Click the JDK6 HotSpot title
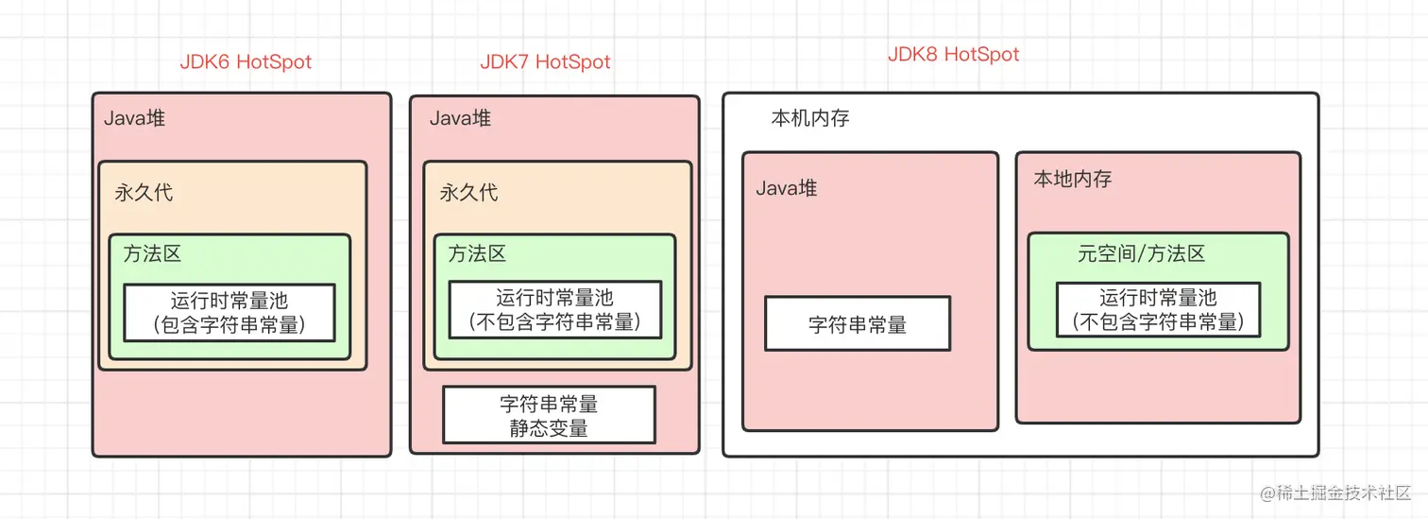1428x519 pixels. coord(246,62)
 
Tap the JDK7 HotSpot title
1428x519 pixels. coord(545,62)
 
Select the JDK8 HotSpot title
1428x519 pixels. coord(953,54)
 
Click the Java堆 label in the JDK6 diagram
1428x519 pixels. coord(135,119)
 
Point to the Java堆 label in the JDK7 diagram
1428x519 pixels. coord(460,119)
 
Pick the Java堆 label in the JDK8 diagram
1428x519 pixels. coord(786,188)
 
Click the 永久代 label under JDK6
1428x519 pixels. coord(144,193)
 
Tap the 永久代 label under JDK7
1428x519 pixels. coord(468,193)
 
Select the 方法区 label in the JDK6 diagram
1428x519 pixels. coord(151,253)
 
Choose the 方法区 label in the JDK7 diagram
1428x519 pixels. coord(476,253)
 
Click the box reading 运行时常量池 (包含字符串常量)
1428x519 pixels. coord(229,313)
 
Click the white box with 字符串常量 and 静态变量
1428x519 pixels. coord(549,415)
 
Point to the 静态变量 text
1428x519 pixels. coord(549,427)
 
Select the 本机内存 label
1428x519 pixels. coord(810,119)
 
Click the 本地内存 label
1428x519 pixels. coord(1072,179)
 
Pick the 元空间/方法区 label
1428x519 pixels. coord(1141,253)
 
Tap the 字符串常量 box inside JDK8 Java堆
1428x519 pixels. coord(858,324)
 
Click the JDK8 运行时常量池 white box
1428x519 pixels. coord(1157,310)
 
